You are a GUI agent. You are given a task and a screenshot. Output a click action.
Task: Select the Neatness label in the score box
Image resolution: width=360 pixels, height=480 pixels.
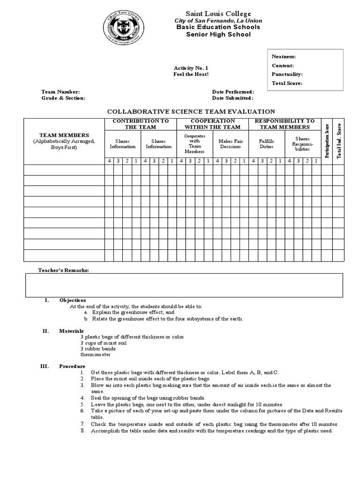(x=284, y=57)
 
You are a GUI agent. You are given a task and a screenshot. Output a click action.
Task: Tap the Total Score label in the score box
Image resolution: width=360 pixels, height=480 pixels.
(x=287, y=83)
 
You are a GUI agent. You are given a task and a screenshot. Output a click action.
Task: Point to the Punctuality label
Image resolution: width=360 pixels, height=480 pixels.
(x=287, y=75)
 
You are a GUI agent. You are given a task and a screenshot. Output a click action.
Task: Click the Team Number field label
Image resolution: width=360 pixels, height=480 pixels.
(x=60, y=92)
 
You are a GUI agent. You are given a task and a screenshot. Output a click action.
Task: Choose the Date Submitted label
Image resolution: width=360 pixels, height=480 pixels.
(x=232, y=98)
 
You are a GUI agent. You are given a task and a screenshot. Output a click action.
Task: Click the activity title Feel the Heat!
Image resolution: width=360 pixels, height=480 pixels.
(x=191, y=75)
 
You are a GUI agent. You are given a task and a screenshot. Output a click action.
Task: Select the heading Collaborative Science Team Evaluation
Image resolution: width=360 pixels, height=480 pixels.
(x=191, y=112)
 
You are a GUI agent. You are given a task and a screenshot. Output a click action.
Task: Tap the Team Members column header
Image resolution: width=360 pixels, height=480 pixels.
(x=64, y=135)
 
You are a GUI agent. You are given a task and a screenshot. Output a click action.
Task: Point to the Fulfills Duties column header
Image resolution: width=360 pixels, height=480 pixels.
(x=266, y=143)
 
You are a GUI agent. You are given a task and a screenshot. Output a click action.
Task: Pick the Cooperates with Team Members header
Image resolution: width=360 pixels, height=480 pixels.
(x=195, y=143)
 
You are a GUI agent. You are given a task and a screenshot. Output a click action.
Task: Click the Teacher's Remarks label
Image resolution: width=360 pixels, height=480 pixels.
(x=63, y=270)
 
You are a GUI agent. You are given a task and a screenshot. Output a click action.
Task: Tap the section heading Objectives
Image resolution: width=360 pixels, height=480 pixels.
(x=73, y=300)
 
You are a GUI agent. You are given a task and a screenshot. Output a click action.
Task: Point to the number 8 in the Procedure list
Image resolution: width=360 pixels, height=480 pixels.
(x=82, y=431)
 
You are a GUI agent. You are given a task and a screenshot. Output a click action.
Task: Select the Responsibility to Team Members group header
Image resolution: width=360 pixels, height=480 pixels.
(x=285, y=124)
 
